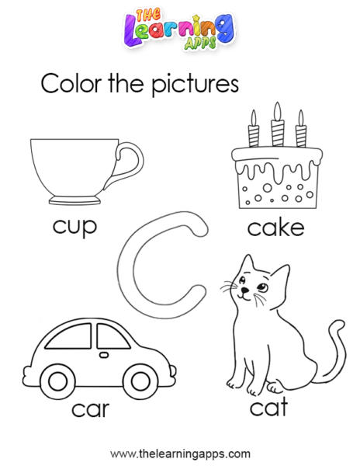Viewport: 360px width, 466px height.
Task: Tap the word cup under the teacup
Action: click(x=74, y=228)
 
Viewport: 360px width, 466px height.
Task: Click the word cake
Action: click(x=275, y=228)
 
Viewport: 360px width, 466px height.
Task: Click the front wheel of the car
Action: click(x=140, y=381)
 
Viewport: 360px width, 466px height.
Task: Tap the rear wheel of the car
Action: click(x=57, y=382)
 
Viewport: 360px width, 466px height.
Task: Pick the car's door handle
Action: click(x=104, y=355)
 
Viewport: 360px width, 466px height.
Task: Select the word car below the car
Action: click(x=90, y=409)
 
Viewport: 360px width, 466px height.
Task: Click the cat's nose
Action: click(x=244, y=290)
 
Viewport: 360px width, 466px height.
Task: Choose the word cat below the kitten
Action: click(x=268, y=406)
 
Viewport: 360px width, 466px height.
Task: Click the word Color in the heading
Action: click(x=71, y=84)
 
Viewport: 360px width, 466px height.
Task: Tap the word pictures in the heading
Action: click(x=195, y=85)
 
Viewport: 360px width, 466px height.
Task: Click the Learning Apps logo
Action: click(x=179, y=29)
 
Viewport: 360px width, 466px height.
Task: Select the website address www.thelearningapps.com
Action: click(x=180, y=454)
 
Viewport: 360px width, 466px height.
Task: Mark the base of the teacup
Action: click(x=74, y=200)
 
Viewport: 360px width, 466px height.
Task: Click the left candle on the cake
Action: click(x=254, y=129)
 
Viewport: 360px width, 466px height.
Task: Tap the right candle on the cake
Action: click(x=300, y=129)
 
